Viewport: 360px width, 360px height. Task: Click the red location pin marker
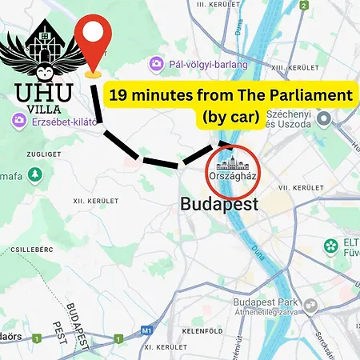pos(94,40)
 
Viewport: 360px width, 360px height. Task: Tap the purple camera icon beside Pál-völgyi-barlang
pos(158,62)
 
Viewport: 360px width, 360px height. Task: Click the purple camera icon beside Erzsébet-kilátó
pos(17,121)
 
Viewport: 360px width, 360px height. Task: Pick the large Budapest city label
pos(219,203)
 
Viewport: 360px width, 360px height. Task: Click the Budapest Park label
pos(264,303)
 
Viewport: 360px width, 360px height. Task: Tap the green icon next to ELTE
pos(330,245)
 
